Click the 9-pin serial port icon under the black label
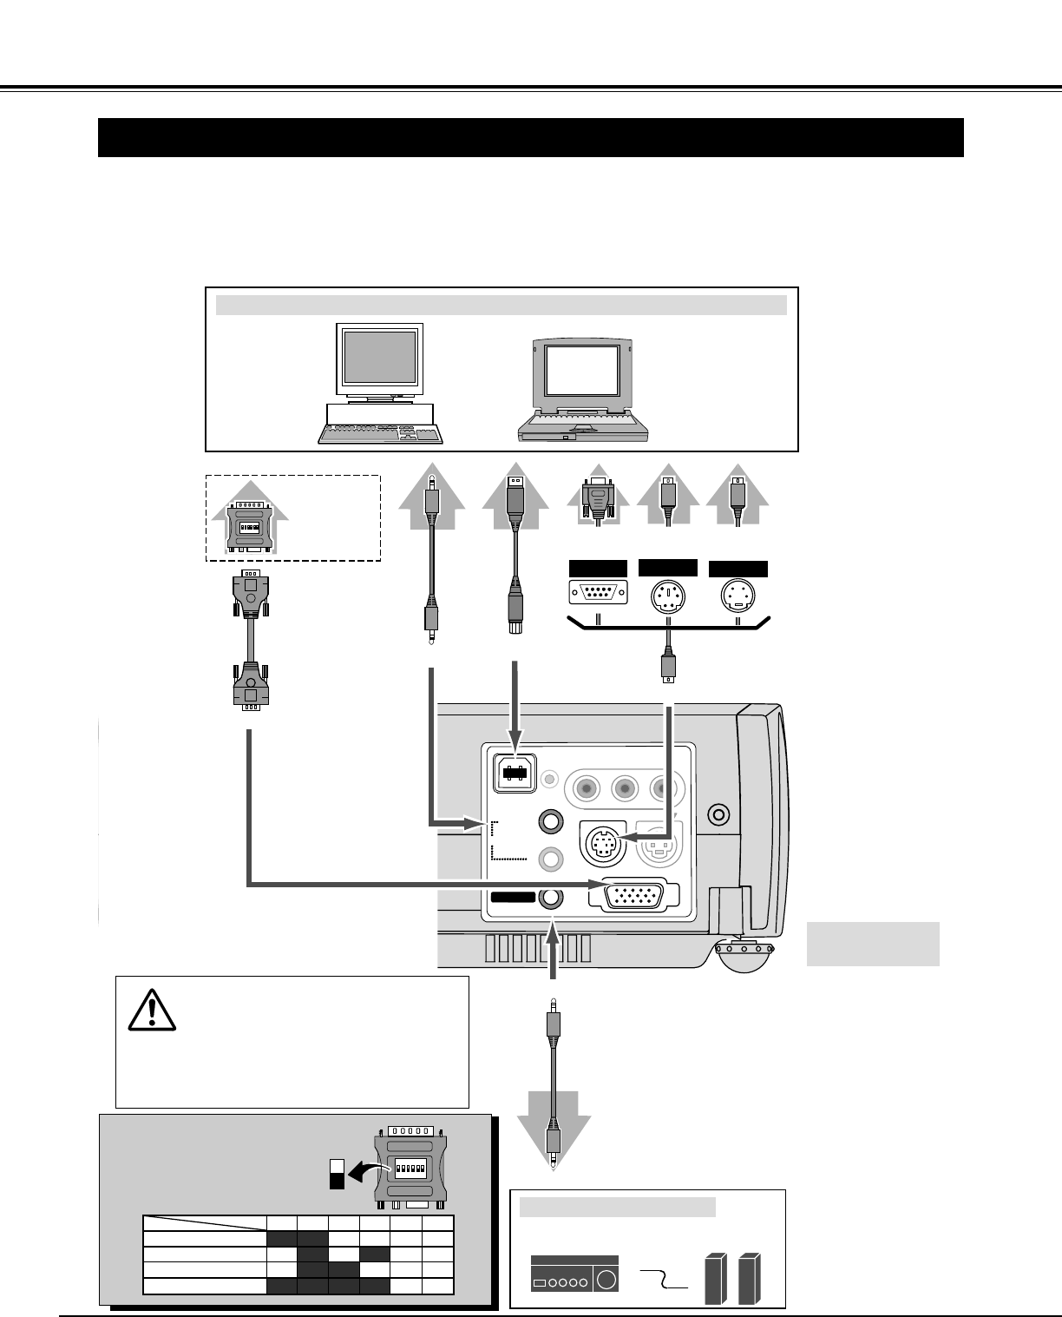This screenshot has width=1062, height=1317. click(598, 593)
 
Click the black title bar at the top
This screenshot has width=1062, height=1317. click(530, 137)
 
